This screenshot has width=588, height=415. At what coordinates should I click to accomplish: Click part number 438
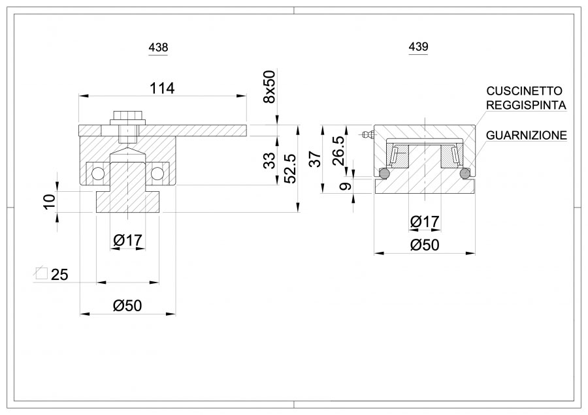(x=159, y=48)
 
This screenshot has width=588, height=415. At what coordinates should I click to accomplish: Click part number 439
(x=418, y=47)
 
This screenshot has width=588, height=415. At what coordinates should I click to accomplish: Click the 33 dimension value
(x=269, y=161)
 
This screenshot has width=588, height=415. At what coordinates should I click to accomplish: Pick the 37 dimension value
(x=315, y=158)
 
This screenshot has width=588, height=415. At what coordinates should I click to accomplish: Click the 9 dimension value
(x=346, y=186)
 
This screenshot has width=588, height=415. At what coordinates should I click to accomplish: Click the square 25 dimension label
(x=52, y=275)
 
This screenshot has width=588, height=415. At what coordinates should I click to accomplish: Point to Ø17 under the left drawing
(x=127, y=241)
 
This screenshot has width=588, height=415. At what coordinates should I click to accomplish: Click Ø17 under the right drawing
(x=425, y=223)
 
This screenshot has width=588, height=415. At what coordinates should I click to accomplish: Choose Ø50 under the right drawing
(x=425, y=245)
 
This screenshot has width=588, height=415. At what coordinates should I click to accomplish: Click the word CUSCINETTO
(x=524, y=91)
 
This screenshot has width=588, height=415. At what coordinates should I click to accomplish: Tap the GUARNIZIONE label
(x=527, y=135)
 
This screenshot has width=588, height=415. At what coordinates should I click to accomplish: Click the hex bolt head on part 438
(x=127, y=117)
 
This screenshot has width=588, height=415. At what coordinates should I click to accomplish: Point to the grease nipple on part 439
(x=365, y=135)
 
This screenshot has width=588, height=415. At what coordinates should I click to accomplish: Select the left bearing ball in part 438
(x=99, y=174)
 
